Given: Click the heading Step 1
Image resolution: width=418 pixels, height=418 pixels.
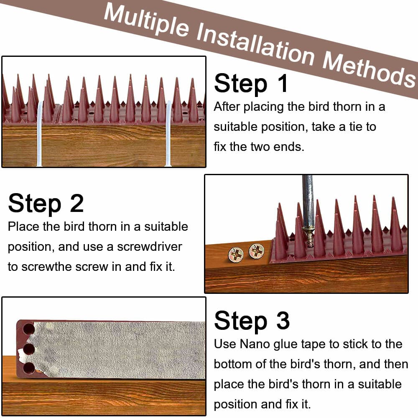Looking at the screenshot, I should coord(251,83).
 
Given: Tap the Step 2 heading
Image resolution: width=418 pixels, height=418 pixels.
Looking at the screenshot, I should coord(46,204).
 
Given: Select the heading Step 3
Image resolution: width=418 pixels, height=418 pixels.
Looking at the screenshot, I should coord(252,321).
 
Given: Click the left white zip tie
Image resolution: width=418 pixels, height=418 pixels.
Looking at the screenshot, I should coord(39,134).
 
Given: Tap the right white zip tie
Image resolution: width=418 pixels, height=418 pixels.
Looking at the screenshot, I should coord(168,134).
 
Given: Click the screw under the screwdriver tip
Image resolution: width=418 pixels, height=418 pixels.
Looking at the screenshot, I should coord(309,236).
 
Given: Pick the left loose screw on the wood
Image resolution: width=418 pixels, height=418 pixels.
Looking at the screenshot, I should coord(236,254).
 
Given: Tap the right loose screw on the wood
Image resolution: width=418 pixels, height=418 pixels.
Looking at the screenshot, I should coord(256,250).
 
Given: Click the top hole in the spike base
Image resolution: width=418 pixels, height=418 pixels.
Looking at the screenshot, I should coord(28,329).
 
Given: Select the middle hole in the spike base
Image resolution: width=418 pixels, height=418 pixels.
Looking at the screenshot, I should coord(28,349).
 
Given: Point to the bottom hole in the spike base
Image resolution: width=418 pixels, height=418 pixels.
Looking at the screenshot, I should coord(29,368).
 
